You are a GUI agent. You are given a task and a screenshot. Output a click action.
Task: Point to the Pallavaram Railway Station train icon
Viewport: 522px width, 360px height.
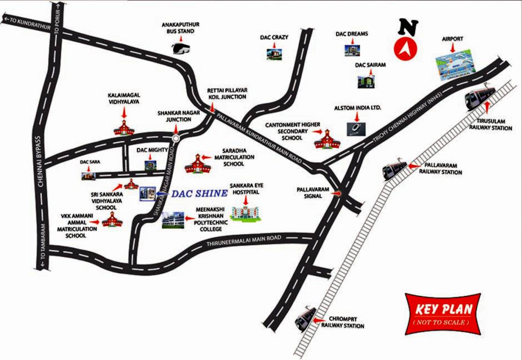coord(395,170)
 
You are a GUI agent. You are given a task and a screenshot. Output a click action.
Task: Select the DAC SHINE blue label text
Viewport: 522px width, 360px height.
coord(198,193)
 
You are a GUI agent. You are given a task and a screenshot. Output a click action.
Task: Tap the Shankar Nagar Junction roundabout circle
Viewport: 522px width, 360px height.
coord(176,138)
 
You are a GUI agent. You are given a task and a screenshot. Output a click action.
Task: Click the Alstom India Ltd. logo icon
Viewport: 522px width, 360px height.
coord(353,128)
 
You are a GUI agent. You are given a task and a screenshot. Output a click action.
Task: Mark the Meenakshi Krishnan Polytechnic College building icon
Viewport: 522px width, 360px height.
coord(173,219)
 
